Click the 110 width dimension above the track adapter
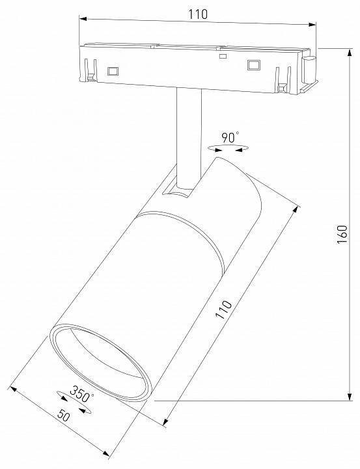point(197,14)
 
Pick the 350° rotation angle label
point(82,394)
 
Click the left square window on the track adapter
point(113,69)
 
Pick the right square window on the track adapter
point(252,64)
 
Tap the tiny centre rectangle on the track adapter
point(223,57)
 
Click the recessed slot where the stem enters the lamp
point(178,189)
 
